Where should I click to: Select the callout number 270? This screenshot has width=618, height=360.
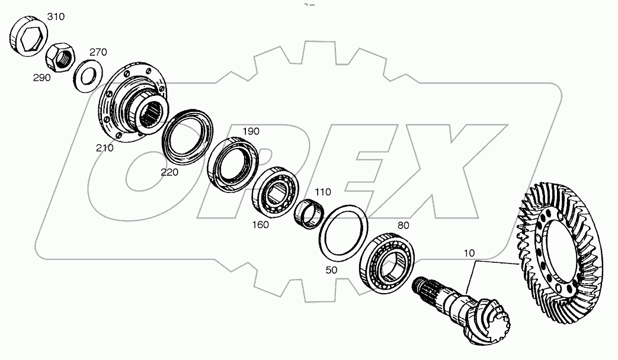coord(98,52)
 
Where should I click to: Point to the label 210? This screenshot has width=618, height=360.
coord(104,148)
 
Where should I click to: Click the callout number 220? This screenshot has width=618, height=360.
coord(168,172)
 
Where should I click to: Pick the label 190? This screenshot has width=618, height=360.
coord(251,131)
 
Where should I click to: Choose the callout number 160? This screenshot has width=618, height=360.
coord(260,224)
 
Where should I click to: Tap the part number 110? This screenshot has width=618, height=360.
coord(323,192)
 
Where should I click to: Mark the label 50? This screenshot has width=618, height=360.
coord(332,269)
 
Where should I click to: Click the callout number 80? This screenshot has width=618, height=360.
coord(404,225)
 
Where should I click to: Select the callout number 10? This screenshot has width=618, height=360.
coord(469,253)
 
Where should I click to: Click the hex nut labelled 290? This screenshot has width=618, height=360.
coord(60,58)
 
